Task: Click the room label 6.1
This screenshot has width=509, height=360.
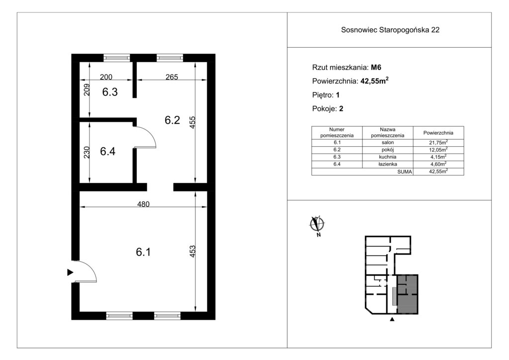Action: click(143, 252)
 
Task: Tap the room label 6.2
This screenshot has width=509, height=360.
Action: click(172, 120)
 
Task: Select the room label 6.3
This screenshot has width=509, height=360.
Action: click(110, 92)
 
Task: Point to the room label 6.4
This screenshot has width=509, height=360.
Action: click(107, 151)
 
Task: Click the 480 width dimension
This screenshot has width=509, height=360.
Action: click(143, 204)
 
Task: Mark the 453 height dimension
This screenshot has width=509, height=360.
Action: click(192, 252)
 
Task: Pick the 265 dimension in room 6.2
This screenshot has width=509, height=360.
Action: click(171, 77)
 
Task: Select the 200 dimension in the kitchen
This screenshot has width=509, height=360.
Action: click(106, 77)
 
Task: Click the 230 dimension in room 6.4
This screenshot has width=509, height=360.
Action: click(86, 152)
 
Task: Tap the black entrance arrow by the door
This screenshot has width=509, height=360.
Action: click(70, 272)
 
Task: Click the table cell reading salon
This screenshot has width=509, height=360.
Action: click(388, 143)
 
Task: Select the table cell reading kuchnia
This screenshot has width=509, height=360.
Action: click(388, 157)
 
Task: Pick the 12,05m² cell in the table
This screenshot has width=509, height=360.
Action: click(438, 150)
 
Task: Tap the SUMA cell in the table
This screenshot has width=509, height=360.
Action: click(405, 172)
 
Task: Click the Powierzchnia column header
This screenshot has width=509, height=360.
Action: click(438, 133)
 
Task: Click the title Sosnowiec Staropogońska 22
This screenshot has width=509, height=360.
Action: click(390, 30)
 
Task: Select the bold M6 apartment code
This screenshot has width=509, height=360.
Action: click(376, 68)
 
